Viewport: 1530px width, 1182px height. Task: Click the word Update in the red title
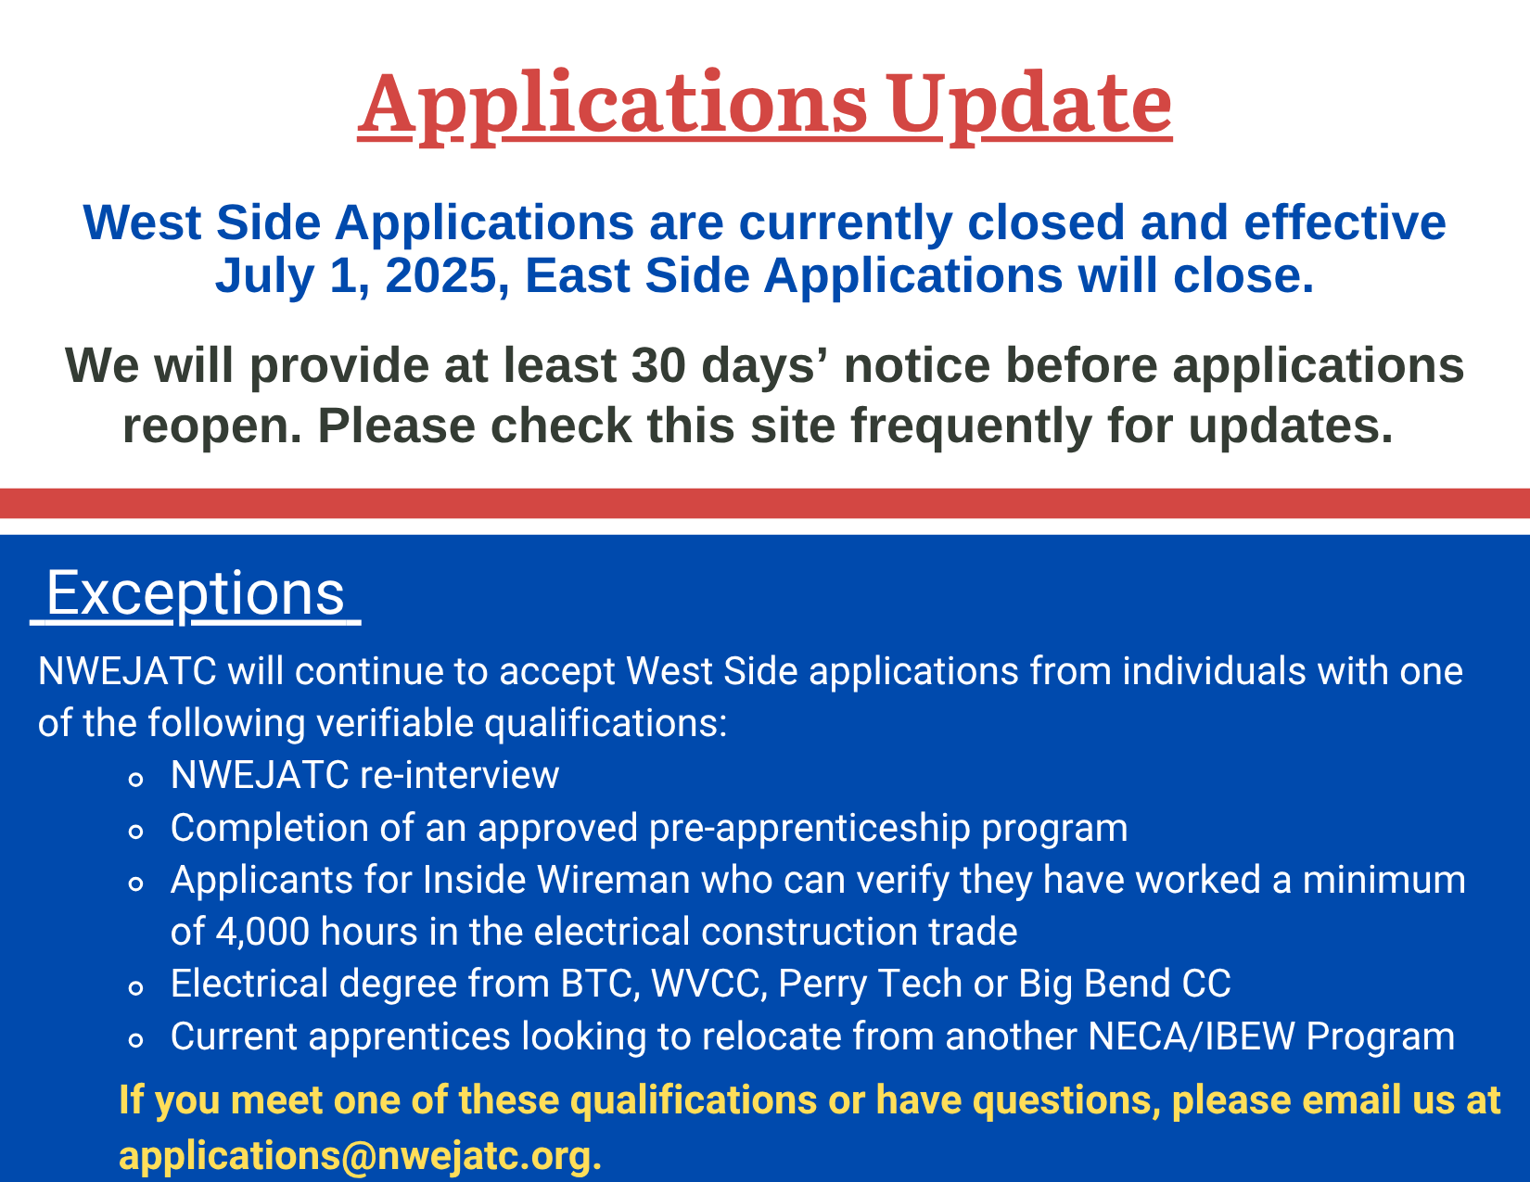[1028, 106]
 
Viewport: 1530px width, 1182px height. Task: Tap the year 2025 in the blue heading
[440, 275]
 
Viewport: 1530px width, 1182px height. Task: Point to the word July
[265, 276]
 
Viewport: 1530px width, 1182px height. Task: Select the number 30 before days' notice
[658, 365]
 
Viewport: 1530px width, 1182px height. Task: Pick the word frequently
[971, 426]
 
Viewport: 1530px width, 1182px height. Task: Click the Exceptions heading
[195, 593]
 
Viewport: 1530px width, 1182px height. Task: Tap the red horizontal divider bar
[765, 503]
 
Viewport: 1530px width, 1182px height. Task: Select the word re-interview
[459, 775]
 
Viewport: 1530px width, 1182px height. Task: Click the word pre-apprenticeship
[810, 829]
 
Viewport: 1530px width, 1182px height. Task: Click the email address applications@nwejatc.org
[360, 1156]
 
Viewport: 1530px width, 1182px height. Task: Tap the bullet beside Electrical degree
[136, 988]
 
